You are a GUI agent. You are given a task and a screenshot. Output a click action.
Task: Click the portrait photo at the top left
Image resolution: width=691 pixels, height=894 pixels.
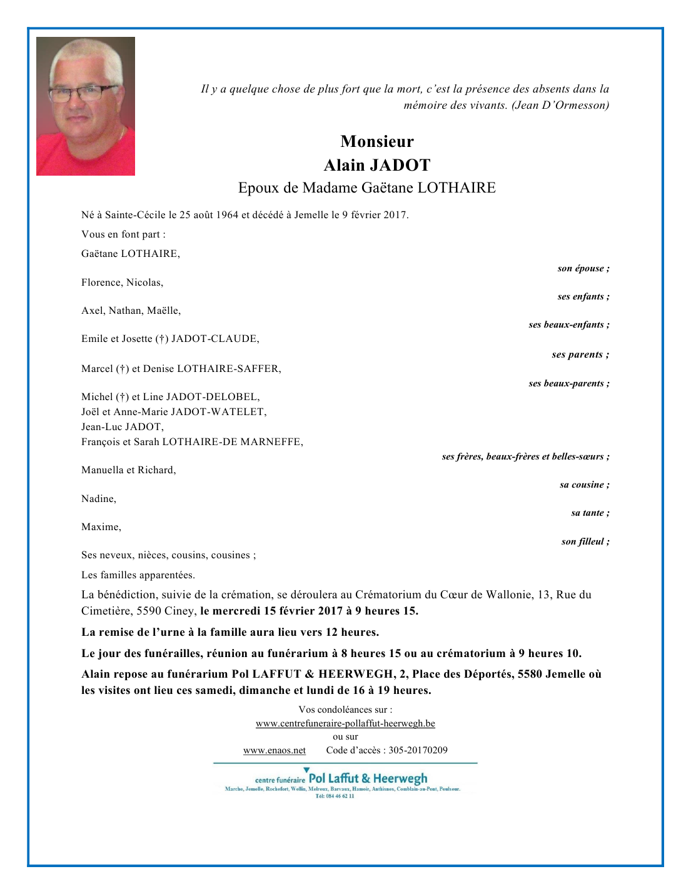pyautogui.click(x=86, y=106)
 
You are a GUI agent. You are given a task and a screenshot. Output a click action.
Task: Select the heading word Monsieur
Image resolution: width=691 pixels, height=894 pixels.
pyautogui.click(x=377, y=141)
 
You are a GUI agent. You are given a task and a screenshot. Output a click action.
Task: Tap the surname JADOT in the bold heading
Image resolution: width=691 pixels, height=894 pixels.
pyautogui.click(x=400, y=165)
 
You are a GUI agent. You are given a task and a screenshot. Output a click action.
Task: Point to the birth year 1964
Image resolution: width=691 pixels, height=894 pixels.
pyautogui.click(x=227, y=215)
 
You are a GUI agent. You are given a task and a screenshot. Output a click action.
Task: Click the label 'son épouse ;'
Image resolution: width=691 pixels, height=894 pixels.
pyautogui.click(x=583, y=268)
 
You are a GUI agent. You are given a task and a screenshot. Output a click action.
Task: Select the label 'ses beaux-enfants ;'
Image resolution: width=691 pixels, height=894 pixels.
pyautogui.click(x=568, y=324)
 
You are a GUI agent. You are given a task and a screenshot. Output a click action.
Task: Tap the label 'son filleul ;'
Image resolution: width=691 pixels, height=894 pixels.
pyautogui.click(x=585, y=541)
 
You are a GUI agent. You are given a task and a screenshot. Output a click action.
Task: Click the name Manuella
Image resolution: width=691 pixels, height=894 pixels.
pyautogui.click(x=102, y=470)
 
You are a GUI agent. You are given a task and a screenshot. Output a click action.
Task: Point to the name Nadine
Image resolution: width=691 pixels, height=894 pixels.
pyautogui.click(x=98, y=499)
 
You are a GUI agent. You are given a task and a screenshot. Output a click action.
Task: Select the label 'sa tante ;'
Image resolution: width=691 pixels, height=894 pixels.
pyautogui.click(x=590, y=513)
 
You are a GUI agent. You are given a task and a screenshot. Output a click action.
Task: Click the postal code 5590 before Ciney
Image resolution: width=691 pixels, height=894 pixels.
pyautogui.click(x=149, y=611)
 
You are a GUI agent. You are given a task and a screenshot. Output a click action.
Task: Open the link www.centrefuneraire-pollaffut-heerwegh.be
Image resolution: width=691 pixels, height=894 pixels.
pyautogui.click(x=345, y=723)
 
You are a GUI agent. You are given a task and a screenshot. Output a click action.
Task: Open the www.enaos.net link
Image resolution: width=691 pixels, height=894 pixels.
pyautogui.click(x=275, y=750)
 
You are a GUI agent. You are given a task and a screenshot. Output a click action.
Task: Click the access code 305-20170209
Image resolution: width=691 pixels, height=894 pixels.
pyautogui.click(x=418, y=750)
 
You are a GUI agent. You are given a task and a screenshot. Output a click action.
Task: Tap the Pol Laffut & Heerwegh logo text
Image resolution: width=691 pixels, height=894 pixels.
pyautogui.click(x=368, y=778)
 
